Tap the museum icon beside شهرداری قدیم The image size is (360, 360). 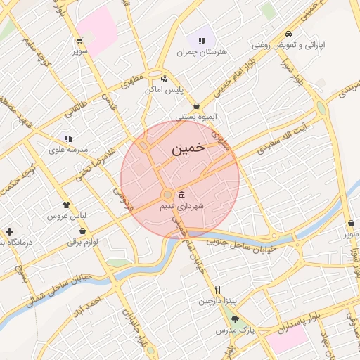[181, 194]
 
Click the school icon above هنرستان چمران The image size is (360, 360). [202, 39]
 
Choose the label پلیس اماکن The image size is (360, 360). [164, 90]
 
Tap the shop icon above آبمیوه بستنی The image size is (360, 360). [196, 105]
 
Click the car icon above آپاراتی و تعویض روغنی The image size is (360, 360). [289, 34]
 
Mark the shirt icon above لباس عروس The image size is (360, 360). [66, 205]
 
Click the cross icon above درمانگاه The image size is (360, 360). [8, 231]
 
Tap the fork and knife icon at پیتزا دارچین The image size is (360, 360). [218, 290]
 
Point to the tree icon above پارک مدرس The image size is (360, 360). [235, 319]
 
